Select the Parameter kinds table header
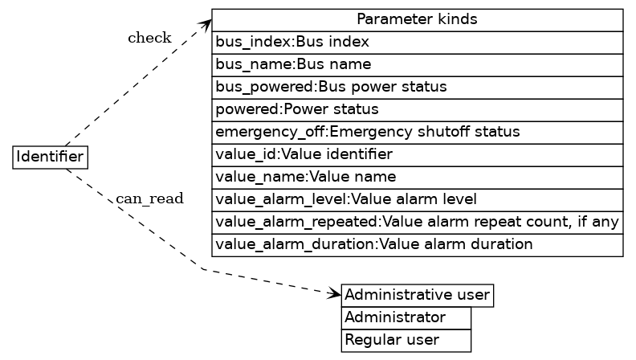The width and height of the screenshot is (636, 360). click(417, 19)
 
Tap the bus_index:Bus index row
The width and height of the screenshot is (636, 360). click(417, 42)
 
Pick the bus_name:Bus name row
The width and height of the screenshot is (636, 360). click(417, 64)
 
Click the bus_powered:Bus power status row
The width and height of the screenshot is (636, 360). click(417, 87)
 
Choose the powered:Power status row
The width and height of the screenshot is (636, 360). click(417, 109)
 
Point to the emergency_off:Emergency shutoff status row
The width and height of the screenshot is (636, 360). click(417, 132)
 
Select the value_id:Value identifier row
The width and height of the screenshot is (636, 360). click(417, 154)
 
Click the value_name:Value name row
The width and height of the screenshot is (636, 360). click(417, 177)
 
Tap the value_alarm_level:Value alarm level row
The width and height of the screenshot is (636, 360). click(417, 199)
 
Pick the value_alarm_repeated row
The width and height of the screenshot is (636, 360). click(417, 222)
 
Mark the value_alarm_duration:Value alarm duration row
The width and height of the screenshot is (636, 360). click(417, 244)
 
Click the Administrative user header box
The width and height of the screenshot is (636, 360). click(417, 296)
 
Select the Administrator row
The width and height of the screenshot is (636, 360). click(406, 318)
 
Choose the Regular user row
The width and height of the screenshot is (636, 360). click(406, 341)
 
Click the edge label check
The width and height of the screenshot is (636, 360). click(149, 38)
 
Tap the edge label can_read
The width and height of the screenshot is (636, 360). click(149, 198)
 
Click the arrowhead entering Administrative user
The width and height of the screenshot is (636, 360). click(336, 295)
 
